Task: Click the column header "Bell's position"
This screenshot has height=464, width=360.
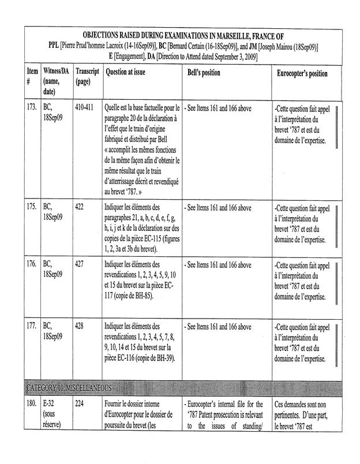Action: pos(204,74)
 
